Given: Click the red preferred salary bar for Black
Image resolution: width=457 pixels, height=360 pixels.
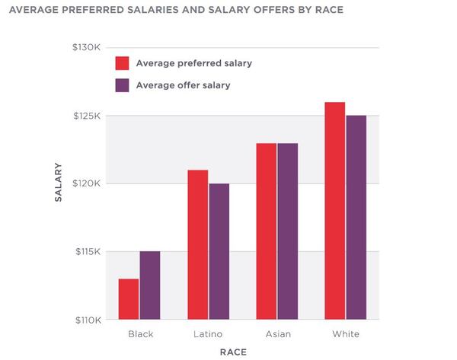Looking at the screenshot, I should [129, 299].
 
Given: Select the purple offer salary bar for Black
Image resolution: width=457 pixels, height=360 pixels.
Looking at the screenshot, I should [150, 285].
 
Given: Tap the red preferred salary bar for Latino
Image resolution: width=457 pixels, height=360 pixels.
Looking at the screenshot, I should [197, 244].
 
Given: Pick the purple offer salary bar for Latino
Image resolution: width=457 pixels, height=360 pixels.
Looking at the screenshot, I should [219, 251].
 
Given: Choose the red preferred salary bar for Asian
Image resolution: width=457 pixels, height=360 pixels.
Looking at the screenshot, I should [266, 231].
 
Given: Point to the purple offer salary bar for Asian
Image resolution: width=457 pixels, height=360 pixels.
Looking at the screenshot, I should [287, 231].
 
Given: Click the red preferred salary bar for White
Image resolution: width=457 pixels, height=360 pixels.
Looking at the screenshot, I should [334, 210].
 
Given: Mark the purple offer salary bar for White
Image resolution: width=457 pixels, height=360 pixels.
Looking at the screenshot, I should [356, 217].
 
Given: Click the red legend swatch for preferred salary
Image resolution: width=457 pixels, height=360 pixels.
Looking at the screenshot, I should [121, 62].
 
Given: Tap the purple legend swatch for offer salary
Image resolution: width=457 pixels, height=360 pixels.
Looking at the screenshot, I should [121, 85].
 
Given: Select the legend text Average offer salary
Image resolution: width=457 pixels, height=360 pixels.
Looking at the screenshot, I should [183, 85].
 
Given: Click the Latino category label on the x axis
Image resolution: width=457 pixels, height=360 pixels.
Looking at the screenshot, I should [208, 334].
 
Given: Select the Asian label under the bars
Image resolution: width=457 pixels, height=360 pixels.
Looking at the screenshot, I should [276, 334].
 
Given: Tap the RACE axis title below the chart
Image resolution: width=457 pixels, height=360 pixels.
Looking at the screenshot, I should [233, 352].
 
